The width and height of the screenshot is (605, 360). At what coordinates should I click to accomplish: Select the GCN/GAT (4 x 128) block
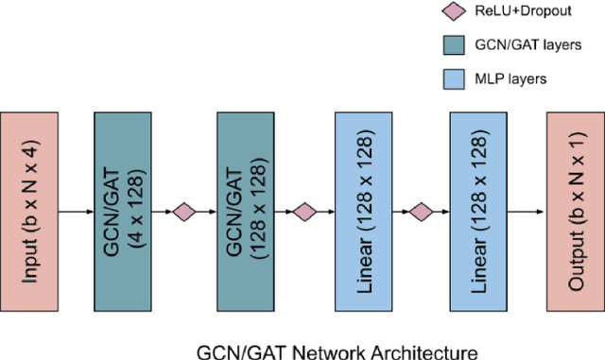pos(124,210)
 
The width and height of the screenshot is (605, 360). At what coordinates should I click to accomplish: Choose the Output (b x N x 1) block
pos(575,210)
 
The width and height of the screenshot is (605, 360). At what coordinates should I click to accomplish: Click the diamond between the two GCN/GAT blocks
pos(184,211)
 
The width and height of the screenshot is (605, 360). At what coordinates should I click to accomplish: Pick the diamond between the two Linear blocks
pos(420,211)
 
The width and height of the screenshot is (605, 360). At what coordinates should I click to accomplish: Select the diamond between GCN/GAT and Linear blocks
pos(303,211)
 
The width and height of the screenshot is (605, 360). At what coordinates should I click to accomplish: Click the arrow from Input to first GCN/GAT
pos(76,211)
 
